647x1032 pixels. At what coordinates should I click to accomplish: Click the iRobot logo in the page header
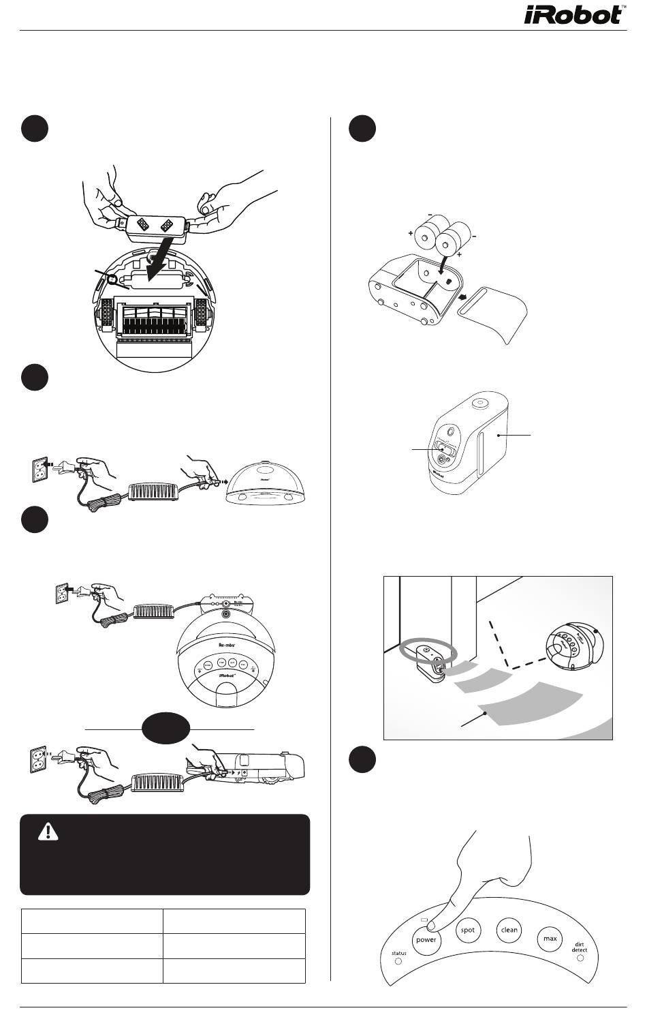point(573,15)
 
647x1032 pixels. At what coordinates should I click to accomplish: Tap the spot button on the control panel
point(467,930)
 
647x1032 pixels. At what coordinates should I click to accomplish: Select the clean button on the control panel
point(509,930)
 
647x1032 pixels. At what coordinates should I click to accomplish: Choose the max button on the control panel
point(550,939)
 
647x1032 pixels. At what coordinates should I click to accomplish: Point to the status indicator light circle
point(399,964)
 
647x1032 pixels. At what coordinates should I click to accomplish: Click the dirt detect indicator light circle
point(580,958)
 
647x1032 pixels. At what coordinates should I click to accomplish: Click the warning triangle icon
point(48,831)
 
